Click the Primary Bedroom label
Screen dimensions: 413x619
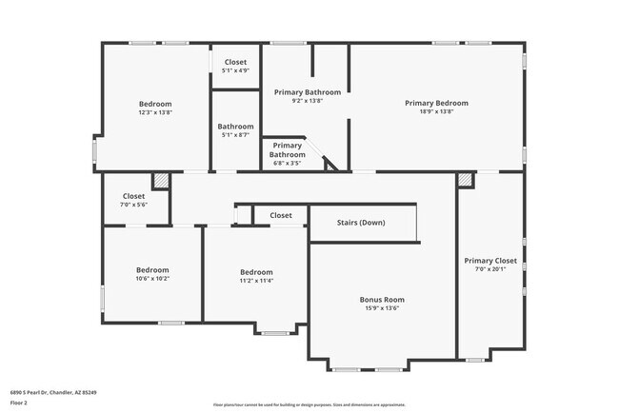436,103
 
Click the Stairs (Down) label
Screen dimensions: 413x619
361,224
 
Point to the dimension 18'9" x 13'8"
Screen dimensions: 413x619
436,111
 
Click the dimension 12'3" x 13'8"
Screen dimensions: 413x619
155,111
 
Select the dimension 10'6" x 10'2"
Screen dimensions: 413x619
152,280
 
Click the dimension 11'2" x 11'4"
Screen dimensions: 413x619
255,280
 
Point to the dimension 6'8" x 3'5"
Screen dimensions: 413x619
287,163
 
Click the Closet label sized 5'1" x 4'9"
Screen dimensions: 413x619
235,62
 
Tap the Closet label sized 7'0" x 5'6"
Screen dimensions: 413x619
133,196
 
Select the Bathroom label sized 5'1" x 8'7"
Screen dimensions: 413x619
235,127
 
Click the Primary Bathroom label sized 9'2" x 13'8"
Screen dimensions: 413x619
307,92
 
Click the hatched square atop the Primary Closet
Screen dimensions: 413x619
465,179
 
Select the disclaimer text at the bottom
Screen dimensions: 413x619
309,403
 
